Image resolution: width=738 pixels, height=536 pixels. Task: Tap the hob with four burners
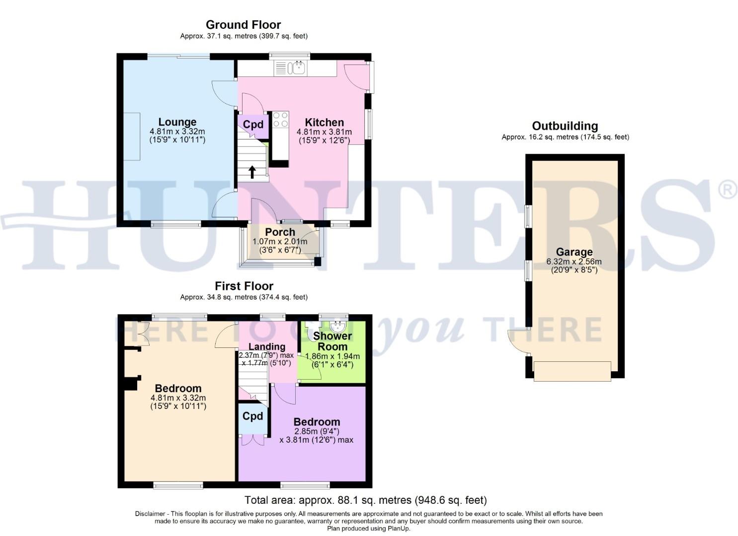click(280, 120)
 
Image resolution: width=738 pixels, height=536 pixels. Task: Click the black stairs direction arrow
click(252, 172)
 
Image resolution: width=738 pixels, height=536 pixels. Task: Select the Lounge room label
click(177, 122)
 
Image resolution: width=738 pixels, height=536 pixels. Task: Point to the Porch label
click(280, 232)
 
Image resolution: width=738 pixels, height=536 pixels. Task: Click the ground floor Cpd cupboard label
click(253, 125)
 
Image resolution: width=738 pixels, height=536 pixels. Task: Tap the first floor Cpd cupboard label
click(252, 416)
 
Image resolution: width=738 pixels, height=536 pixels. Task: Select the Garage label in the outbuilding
click(574, 252)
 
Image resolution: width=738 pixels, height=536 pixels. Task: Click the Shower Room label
click(332, 341)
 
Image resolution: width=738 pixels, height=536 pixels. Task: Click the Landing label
click(267, 346)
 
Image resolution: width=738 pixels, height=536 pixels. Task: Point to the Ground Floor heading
click(243, 25)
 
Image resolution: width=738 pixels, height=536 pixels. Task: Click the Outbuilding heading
click(565, 126)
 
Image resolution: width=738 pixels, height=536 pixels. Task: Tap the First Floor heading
click(244, 286)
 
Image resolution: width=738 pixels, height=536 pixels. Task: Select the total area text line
click(365, 500)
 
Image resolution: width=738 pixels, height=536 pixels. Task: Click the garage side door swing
click(518, 341)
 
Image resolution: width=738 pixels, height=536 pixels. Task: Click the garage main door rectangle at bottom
click(572, 371)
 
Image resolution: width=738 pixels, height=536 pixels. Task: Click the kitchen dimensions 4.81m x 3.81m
click(324, 132)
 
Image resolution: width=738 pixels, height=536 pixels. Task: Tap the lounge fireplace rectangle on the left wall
click(132, 136)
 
